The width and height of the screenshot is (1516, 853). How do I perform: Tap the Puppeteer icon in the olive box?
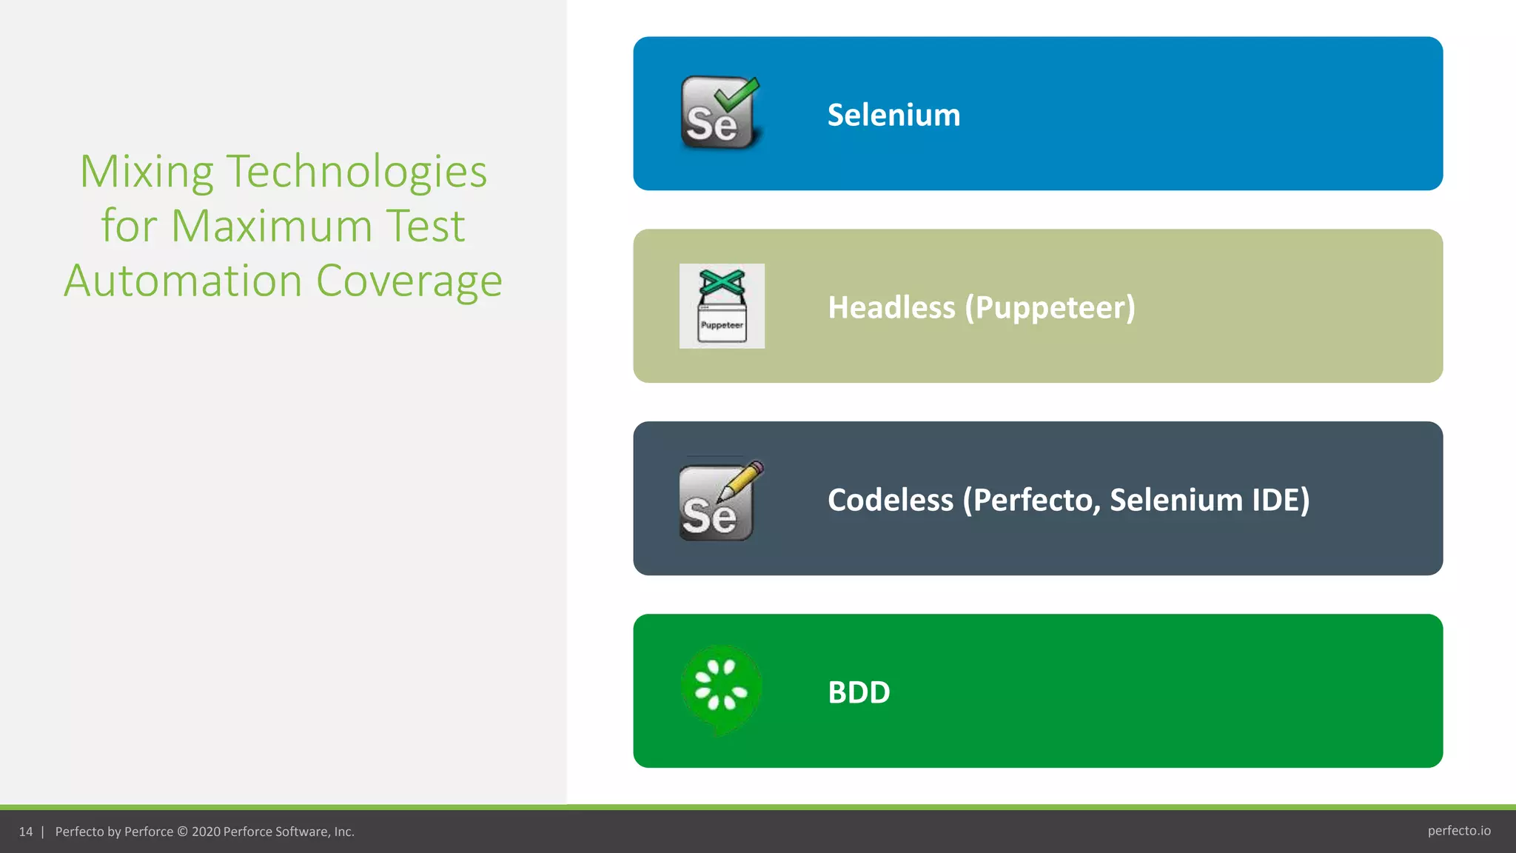722,306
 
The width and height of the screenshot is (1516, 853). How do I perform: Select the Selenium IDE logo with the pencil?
720,501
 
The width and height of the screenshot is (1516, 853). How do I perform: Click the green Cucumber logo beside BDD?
720,689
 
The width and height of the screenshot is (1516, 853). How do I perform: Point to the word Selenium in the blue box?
893,115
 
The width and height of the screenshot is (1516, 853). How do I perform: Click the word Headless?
891,307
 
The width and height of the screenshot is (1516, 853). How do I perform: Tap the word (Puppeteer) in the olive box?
1050,308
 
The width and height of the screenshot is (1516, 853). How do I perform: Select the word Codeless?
891,500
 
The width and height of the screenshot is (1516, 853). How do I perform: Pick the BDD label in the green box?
859,692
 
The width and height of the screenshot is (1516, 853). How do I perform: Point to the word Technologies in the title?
356,172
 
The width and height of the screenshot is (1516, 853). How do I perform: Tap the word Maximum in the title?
272,226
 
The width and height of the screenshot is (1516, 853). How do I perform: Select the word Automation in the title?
183,281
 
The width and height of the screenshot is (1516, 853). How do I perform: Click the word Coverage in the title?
409,281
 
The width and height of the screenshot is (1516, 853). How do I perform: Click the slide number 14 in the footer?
26,832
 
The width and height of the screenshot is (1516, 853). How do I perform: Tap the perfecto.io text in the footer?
1459,831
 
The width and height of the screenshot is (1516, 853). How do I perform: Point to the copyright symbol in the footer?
182,832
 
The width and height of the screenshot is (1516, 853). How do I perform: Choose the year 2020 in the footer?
206,832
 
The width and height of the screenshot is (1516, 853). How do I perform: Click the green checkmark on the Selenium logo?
737,94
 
